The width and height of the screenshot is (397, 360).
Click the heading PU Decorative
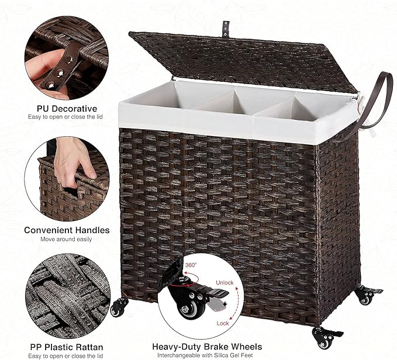click(67, 109)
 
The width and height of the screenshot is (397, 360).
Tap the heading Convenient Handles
click(67, 230)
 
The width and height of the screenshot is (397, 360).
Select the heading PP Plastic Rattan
click(67, 347)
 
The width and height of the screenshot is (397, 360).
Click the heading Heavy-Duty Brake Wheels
click(207, 347)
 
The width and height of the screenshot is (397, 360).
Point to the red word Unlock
click(225, 283)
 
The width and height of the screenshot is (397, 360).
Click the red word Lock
click(223, 323)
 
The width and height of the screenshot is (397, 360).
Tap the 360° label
click(191, 265)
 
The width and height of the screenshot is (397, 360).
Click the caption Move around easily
click(66, 239)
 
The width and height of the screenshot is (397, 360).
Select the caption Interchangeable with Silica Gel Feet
click(205, 355)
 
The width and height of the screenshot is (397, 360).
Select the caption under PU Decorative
click(65, 117)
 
